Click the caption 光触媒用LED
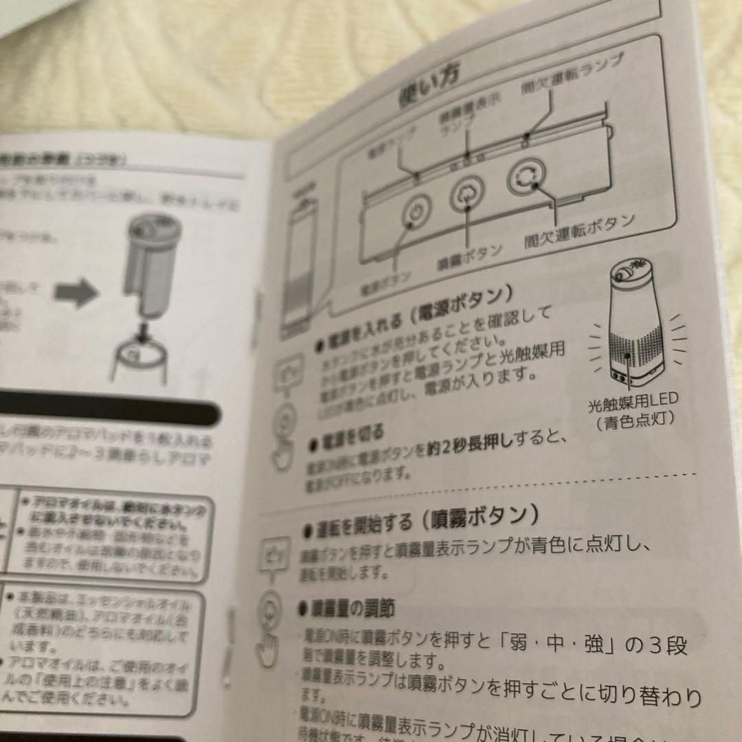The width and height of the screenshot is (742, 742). (x=633, y=400)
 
